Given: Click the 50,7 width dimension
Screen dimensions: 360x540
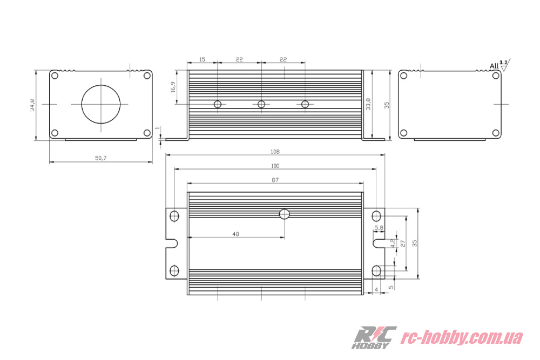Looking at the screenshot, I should [101, 158].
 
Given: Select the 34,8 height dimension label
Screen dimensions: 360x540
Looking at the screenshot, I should [33, 105].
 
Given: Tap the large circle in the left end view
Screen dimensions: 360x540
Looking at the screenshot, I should [101, 103].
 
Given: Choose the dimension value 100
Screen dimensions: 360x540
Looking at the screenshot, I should [275, 166].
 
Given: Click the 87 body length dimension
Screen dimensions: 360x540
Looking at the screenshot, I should [275, 180].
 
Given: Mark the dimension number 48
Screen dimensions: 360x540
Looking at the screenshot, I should [235, 234].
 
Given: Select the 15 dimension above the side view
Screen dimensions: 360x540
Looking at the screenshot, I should [202, 59].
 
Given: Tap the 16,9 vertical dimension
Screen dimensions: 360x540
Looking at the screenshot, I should [173, 87].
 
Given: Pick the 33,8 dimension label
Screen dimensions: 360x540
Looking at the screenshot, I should [368, 104].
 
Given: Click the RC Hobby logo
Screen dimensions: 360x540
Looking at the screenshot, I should [374, 338].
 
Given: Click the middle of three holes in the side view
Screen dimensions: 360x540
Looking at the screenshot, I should [261, 104].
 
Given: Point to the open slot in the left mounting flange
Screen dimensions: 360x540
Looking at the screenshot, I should [172, 243].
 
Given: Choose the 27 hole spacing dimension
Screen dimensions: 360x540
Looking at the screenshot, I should [402, 244].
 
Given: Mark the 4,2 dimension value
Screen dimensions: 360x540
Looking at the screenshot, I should [393, 243].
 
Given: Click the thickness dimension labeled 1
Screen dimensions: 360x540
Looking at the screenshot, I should [157, 128].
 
